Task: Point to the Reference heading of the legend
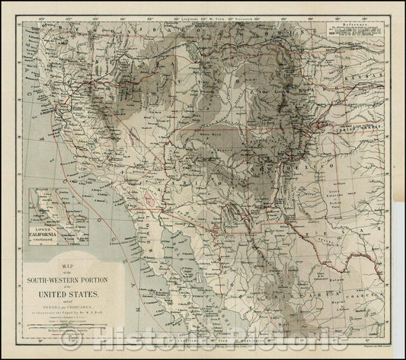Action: pos(359,24)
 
